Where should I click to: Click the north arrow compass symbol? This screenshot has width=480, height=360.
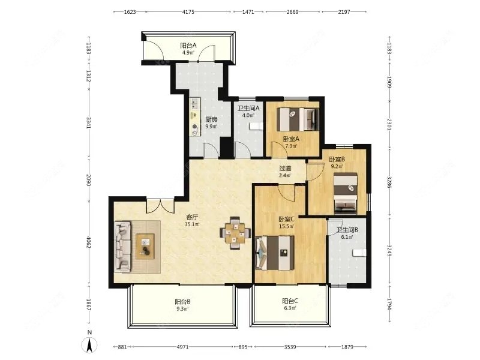coord(89,345)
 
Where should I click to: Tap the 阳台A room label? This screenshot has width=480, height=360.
coord(188,46)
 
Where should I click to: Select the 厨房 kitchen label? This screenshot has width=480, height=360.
coord(211,119)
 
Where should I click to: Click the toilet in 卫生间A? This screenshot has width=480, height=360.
coord(256,126)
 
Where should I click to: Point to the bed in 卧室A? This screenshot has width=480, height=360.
coord(298,119)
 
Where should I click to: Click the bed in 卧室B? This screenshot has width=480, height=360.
coord(346,193)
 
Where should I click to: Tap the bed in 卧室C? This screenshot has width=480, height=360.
coord(275,253)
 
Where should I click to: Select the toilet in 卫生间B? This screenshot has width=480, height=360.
coord(359,253)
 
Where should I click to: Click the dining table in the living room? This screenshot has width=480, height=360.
coord(235,233)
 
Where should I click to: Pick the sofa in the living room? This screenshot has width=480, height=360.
coord(123,247)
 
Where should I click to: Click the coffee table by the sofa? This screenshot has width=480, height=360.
coord(145,247)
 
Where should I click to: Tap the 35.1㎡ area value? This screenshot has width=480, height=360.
coord(192,224)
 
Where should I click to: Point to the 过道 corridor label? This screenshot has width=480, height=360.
coord(285,169)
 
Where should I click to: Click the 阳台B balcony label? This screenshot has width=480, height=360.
coord(183,302)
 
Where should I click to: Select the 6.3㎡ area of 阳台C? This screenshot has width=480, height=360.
coord(290,308)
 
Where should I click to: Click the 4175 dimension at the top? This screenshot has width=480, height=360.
coord(188,12)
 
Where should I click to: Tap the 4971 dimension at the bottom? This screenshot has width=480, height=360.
coord(183,347)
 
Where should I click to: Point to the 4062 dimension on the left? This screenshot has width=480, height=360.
coord(89,242)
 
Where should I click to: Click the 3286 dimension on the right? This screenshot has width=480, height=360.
coord(389,182)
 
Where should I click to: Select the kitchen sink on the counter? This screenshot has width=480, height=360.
coord(194,103)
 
